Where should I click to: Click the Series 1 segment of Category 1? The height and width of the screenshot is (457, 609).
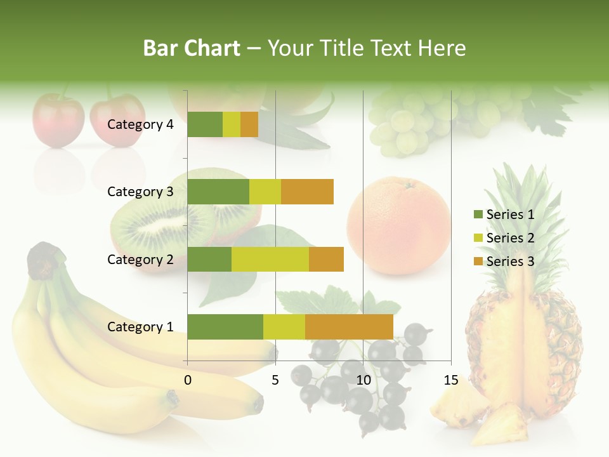[225, 327]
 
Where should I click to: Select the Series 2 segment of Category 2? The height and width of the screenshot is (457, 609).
[270, 259]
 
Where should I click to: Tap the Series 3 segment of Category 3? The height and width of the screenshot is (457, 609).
[307, 192]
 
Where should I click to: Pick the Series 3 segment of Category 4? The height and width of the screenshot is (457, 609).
[249, 124]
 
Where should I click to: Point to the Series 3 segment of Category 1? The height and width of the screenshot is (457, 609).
[349, 327]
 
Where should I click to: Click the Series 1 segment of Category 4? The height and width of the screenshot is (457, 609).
[205, 124]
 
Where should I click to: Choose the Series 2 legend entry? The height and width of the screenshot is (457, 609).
[504, 238]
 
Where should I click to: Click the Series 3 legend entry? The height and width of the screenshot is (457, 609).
[504, 262]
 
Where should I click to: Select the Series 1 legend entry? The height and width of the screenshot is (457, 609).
[504, 215]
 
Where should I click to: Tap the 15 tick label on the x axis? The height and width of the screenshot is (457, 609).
[450, 380]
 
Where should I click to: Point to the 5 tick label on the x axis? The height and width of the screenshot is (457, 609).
[275, 380]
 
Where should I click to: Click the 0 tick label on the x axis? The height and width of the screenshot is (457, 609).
[188, 380]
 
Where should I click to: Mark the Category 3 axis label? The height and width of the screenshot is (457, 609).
[140, 192]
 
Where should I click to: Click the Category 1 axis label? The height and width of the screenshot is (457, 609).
[140, 327]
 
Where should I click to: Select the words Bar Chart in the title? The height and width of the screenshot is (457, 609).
[192, 48]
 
